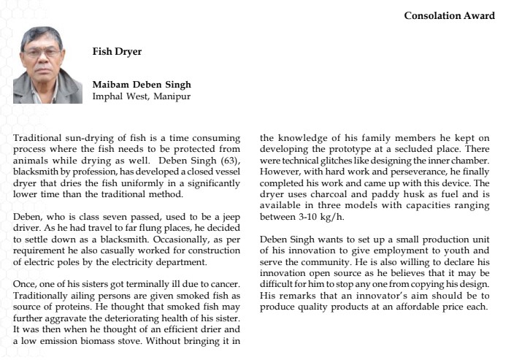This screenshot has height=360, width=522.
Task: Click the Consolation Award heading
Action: (x=449, y=15)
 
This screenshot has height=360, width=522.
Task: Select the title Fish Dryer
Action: (x=117, y=52)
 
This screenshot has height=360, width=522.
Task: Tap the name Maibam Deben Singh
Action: (x=142, y=85)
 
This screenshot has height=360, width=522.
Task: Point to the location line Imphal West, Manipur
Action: (x=142, y=96)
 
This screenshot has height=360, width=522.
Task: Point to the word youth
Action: (x=454, y=250)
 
